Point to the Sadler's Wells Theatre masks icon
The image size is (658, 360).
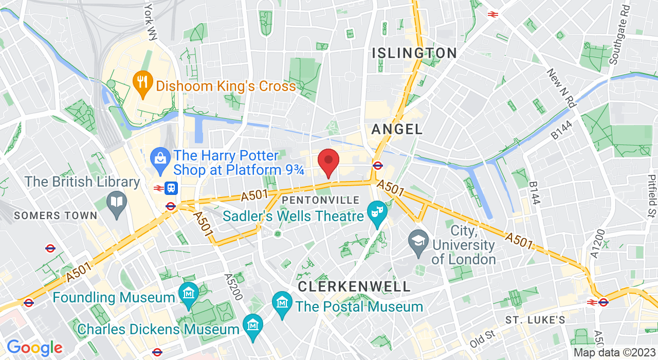click(377, 212)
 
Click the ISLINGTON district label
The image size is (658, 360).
click(414, 53)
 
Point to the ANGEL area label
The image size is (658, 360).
click(397, 129)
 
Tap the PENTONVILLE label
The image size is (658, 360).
click(321, 200)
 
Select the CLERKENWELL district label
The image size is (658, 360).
click(354, 286)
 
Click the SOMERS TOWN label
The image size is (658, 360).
click(56, 215)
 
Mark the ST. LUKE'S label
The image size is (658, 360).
click(535, 320)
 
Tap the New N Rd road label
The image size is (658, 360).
click(560, 88)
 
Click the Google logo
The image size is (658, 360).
click(34, 348)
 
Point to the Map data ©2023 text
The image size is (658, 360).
click(614, 353)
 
